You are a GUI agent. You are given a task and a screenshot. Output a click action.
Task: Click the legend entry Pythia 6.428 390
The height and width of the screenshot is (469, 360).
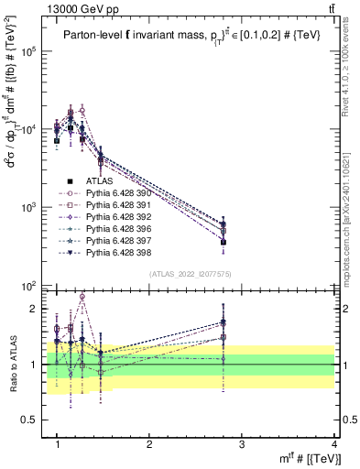(115, 193)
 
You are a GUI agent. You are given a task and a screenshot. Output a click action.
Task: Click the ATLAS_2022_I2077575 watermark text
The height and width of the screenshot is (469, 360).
(190, 273)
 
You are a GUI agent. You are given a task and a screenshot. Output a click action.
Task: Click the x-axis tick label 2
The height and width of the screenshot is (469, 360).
(149, 444)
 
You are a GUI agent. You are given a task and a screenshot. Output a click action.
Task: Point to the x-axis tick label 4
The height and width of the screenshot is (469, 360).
(334, 444)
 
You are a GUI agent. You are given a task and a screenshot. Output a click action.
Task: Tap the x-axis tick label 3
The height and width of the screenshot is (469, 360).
(242, 444)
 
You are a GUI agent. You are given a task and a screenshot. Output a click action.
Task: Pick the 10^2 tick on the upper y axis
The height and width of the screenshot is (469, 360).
(34, 287)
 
